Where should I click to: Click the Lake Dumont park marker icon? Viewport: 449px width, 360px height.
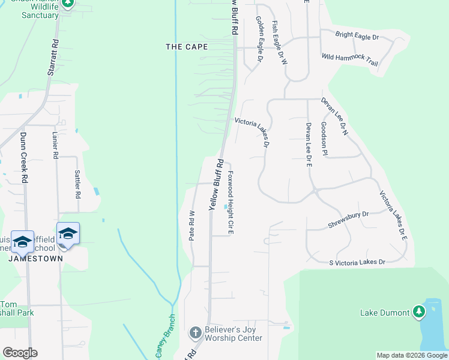pos(419,312)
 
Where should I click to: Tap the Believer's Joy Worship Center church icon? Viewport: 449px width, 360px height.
pos(195,332)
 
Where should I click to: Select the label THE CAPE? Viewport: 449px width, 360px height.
pos(187,47)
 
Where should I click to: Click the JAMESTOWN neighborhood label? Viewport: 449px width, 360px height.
pos(35,259)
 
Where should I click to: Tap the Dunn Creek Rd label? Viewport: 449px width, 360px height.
pos(25,158)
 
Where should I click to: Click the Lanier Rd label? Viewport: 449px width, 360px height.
pos(55,145)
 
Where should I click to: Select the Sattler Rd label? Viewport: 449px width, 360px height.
pos(77,184)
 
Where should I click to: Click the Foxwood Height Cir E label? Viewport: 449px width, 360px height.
pos(230,202)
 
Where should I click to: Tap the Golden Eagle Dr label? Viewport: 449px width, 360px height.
pos(259,40)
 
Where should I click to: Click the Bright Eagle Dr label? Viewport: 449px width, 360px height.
pos(357,37)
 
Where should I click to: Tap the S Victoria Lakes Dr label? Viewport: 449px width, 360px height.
pos(357,262)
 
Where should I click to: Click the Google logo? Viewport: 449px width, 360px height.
pos(20,352)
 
